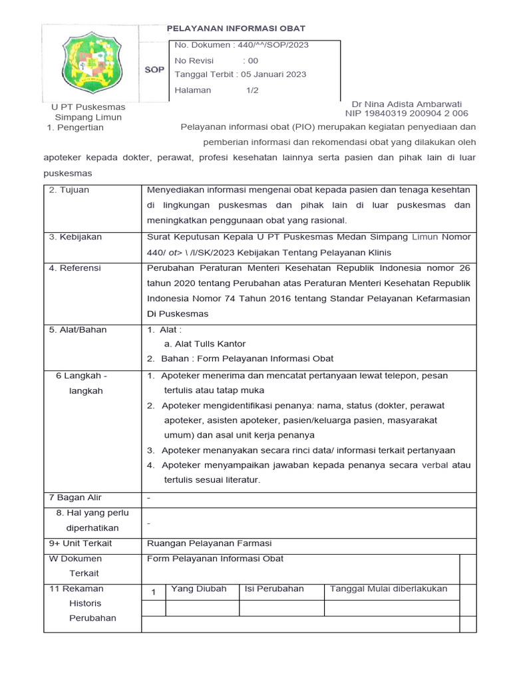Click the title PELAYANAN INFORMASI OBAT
point(236,28)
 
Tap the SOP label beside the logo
point(154,70)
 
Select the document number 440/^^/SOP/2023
point(241,45)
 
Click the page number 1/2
point(253,90)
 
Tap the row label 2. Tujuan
point(69,190)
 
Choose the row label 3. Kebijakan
point(75,237)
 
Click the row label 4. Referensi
point(75,268)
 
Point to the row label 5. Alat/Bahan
point(78,329)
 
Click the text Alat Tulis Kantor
point(205,344)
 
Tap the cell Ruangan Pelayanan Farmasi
point(209,543)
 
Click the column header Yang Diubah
point(198,589)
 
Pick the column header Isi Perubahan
point(274,589)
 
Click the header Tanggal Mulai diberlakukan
point(389,589)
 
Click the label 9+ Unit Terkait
point(81,543)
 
